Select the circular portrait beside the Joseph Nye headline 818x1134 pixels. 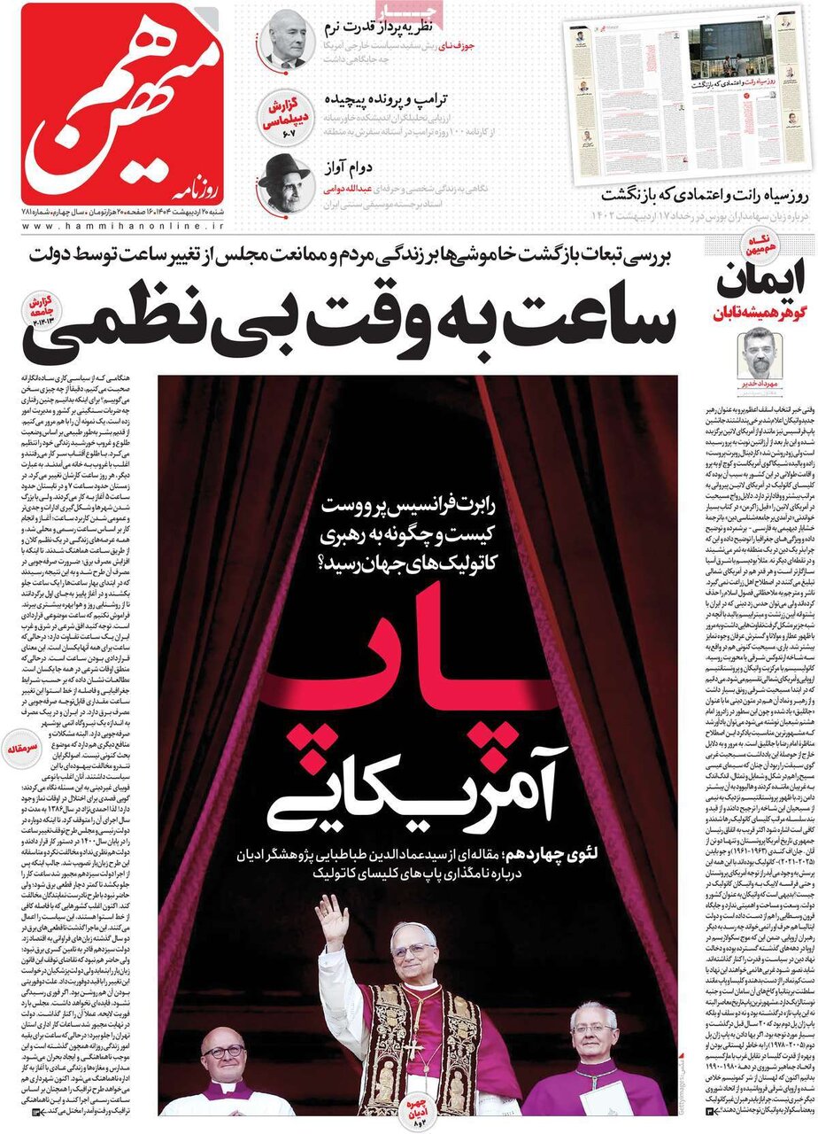tap(287, 39)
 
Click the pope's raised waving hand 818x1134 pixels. tap(332, 922)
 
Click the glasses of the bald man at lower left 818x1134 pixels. tap(224, 1052)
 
